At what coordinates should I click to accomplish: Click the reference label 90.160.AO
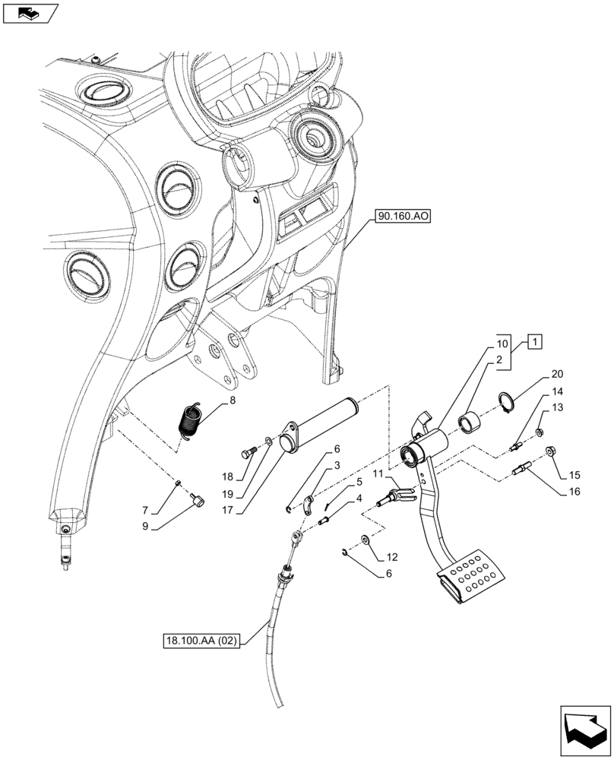[x=402, y=217]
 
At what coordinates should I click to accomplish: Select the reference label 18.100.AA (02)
[x=202, y=641]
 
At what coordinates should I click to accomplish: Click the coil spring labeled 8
[x=190, y=420]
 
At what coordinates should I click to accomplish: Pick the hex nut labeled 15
[x=551, y=453]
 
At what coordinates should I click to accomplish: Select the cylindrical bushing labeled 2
[x=470, y=420]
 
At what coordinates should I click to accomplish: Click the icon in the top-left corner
[x=30, y=12]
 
